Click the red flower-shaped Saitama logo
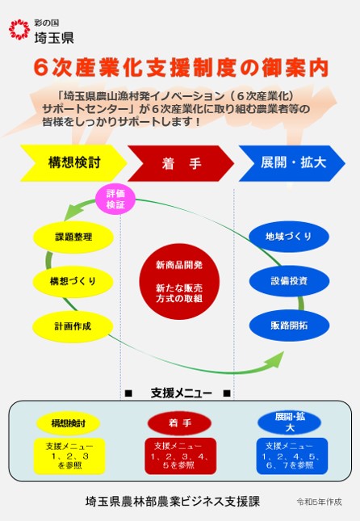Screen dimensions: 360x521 click(19, 29)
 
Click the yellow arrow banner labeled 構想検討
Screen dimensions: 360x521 click(73, 163)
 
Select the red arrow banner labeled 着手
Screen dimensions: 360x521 click(181, 163)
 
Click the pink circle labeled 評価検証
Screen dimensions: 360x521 click(115, 199)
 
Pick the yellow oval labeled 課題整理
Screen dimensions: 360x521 click(73, 237)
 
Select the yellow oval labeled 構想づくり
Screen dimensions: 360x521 click(73, 281)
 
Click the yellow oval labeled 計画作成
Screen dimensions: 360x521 click(73, 326)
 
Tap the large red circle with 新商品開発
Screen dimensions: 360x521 click(179, 282)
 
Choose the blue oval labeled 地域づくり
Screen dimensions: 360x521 click(289, 236)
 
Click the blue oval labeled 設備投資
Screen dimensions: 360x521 click(289, 281)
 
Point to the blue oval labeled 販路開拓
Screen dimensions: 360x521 click(289, 326)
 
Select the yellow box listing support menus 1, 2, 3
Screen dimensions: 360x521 click(69, 456)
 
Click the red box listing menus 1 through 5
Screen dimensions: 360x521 click(180, 456)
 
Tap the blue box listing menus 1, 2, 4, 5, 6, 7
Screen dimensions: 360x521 click(292, 456)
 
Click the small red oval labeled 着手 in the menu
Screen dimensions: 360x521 click(179, 423)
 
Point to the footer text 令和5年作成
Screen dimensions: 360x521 click(319, 502)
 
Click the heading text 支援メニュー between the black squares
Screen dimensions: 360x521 click(182, 393)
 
